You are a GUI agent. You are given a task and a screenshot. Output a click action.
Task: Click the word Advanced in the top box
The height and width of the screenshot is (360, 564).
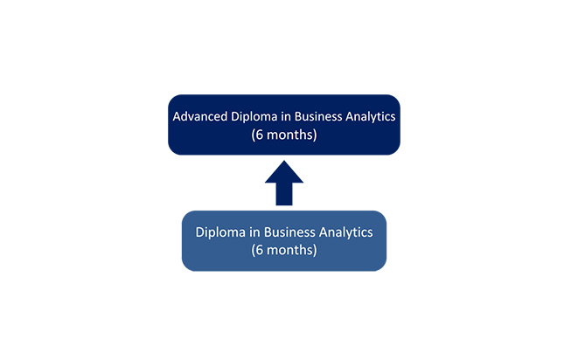coord(200,116)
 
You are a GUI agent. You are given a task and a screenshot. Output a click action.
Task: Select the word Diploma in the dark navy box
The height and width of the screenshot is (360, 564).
coord(254,117)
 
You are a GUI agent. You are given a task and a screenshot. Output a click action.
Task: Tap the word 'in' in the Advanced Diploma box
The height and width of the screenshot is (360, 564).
coord(286,116)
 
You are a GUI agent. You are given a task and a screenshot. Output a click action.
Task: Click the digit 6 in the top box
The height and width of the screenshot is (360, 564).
coord(260,135)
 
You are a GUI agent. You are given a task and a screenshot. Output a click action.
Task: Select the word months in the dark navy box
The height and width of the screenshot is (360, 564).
coord(290,135)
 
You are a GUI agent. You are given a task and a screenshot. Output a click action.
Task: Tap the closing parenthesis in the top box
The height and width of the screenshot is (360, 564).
coord(315,135)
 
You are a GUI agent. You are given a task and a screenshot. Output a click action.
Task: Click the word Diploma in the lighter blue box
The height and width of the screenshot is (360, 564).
coord(220,232)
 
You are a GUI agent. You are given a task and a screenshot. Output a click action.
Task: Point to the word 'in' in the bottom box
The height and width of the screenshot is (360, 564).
coord(254,232)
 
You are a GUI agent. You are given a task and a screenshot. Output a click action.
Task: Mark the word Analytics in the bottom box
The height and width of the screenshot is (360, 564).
coord(346,232)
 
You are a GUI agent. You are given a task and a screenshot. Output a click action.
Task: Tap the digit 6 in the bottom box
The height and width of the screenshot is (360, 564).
coord(260,250)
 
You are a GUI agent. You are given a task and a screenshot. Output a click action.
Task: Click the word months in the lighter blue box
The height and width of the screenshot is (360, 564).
coord(290,250)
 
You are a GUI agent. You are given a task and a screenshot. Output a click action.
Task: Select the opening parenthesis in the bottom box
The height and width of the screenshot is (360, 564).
coord(254,251)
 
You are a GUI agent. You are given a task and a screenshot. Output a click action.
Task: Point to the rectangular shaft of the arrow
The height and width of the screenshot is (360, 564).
coord(284,194)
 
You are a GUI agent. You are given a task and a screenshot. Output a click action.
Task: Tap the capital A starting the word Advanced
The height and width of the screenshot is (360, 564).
coord(177,117)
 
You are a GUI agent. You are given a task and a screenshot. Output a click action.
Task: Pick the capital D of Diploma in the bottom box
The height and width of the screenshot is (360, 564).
coord(199,232)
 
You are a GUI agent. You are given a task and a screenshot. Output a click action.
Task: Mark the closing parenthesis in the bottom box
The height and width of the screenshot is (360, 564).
coord(315,251)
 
